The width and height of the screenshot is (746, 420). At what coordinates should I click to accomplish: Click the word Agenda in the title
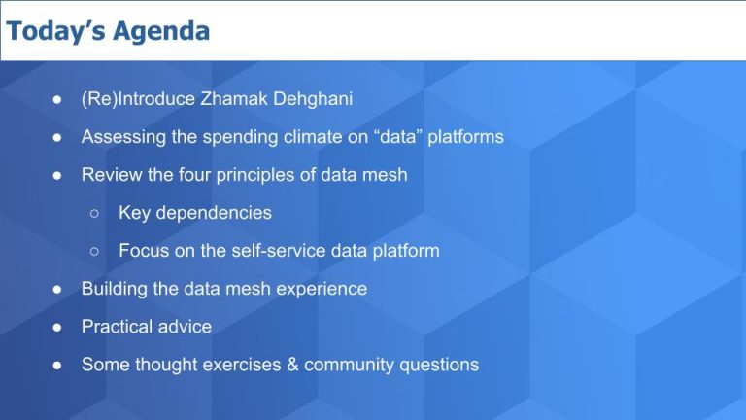pyautogui.click(x=162, y=31)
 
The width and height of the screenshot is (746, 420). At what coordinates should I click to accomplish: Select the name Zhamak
pyautogui.click(x=228, y=99)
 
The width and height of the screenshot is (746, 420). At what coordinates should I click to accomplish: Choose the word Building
pyautogui.click(x=115, y=289)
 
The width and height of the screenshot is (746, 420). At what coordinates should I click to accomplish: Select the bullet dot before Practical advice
pyautogui.click(x=58, y=328)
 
